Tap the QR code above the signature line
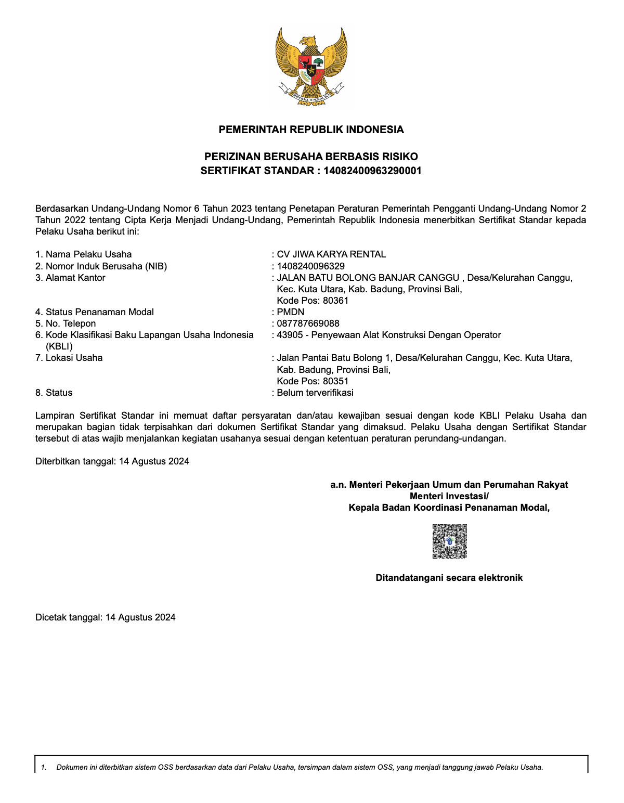[449, 541]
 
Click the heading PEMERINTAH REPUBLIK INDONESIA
[311, 129]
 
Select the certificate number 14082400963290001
[372, 171]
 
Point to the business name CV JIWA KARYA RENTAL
[331, 254]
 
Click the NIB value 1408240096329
[310, 266]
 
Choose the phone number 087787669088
[308, 323]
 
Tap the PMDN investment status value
[290, 312]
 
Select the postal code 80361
[335, 301]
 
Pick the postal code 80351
[335, 381]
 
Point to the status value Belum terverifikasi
[315, 393]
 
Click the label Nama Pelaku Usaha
[88, 254]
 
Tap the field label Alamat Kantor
[75, 278]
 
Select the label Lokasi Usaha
[74, 358]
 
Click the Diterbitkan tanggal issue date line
[112, 461]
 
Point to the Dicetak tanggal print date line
[106, 617]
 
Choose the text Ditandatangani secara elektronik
[449, 578]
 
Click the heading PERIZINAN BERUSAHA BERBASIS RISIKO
[311, 157]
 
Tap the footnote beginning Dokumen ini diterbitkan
[300, 767]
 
